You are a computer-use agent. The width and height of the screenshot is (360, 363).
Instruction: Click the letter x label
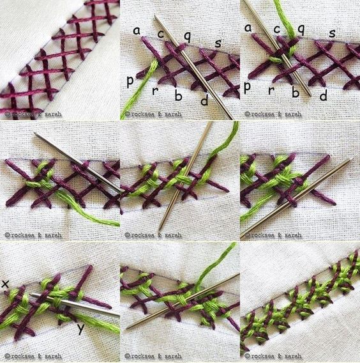[5, 284]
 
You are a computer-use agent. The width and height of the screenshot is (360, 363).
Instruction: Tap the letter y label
[80, 328]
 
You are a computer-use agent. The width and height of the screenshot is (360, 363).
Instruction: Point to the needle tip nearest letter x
[31, 295]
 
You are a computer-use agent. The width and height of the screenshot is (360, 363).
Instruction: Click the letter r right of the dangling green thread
[155, 91]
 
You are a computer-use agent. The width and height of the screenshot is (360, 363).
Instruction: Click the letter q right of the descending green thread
[301, 29]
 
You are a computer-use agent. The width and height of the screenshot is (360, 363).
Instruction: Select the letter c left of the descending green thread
[277, 29]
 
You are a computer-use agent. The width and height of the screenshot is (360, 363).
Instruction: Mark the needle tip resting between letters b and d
[310, 95]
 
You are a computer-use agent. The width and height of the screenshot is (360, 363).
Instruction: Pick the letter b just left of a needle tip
[296, 92]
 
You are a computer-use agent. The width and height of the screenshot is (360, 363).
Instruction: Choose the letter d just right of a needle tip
[324, 95]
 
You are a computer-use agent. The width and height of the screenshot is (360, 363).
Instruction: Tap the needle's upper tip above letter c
[155, 16]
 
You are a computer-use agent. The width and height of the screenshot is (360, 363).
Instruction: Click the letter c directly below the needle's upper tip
[160, 34]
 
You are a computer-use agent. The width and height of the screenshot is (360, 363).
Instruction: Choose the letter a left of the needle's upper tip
[137, 30]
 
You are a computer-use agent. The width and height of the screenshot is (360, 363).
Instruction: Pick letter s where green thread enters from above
[332, 34]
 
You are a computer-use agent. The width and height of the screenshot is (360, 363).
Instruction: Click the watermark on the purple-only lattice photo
[33, 114]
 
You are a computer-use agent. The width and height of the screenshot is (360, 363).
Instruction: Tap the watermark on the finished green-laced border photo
[273, 356]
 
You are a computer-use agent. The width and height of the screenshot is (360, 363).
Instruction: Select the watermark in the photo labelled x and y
[33, 356]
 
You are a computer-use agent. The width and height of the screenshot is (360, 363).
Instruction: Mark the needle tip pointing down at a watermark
[160, 229]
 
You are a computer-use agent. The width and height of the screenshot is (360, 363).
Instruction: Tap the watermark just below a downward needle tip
[153, 235]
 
